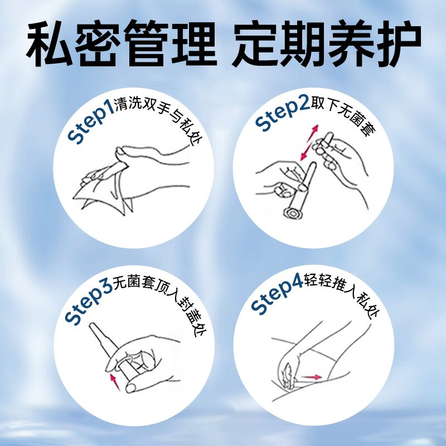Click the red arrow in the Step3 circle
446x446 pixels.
(116, 382)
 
